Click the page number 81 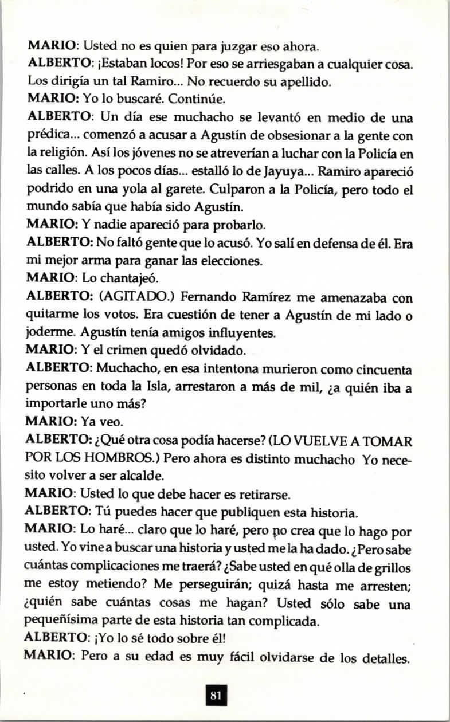point(216,696)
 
